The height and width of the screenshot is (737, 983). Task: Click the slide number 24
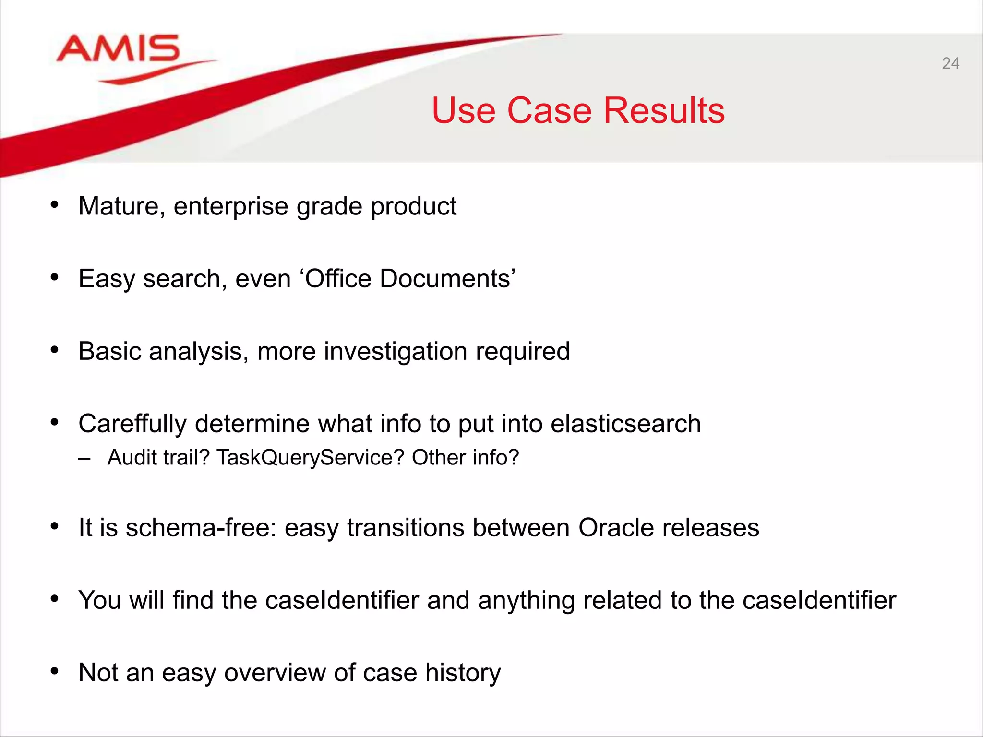pyautogui.click(x=950, y=63)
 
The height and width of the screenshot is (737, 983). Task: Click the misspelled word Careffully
pyautogui.click(x=132, y=424)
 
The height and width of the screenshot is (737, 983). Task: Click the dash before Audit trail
pyautogui.click(x=84, y=458)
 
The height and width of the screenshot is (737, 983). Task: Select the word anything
pyautogui.click(x=526, y=600)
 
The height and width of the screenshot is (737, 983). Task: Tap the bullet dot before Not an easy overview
pyautogui.click(x=55, y=671)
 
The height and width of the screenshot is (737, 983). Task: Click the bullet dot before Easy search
pyautogui.click(x=55, y=277)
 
